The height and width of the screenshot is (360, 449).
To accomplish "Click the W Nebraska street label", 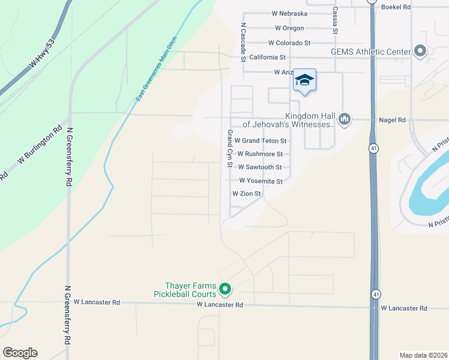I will [x=289, y=13].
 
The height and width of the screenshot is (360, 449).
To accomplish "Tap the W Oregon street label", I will [x=289, y=28].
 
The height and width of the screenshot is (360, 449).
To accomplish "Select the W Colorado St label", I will [x=289, y=43].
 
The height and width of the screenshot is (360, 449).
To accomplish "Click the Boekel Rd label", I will [x=396, y=7].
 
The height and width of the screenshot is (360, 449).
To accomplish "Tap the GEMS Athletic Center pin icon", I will [x=420, y=52].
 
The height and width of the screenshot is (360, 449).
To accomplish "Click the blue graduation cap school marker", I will [x=304, y=80].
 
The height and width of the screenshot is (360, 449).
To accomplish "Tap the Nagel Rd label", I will [x=393, y=120].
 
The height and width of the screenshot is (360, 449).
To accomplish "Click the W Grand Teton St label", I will [x=261, y=141].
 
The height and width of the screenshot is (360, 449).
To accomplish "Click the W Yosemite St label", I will [x=261, y=181].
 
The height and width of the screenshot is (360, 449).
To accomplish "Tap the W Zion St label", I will [x=247, y=194].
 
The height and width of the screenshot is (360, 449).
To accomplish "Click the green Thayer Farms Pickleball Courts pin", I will [x=225, y=290].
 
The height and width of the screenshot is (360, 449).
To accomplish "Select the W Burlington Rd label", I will [x=40, y=145].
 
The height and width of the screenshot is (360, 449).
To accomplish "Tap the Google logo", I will [x=20, y=353].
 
